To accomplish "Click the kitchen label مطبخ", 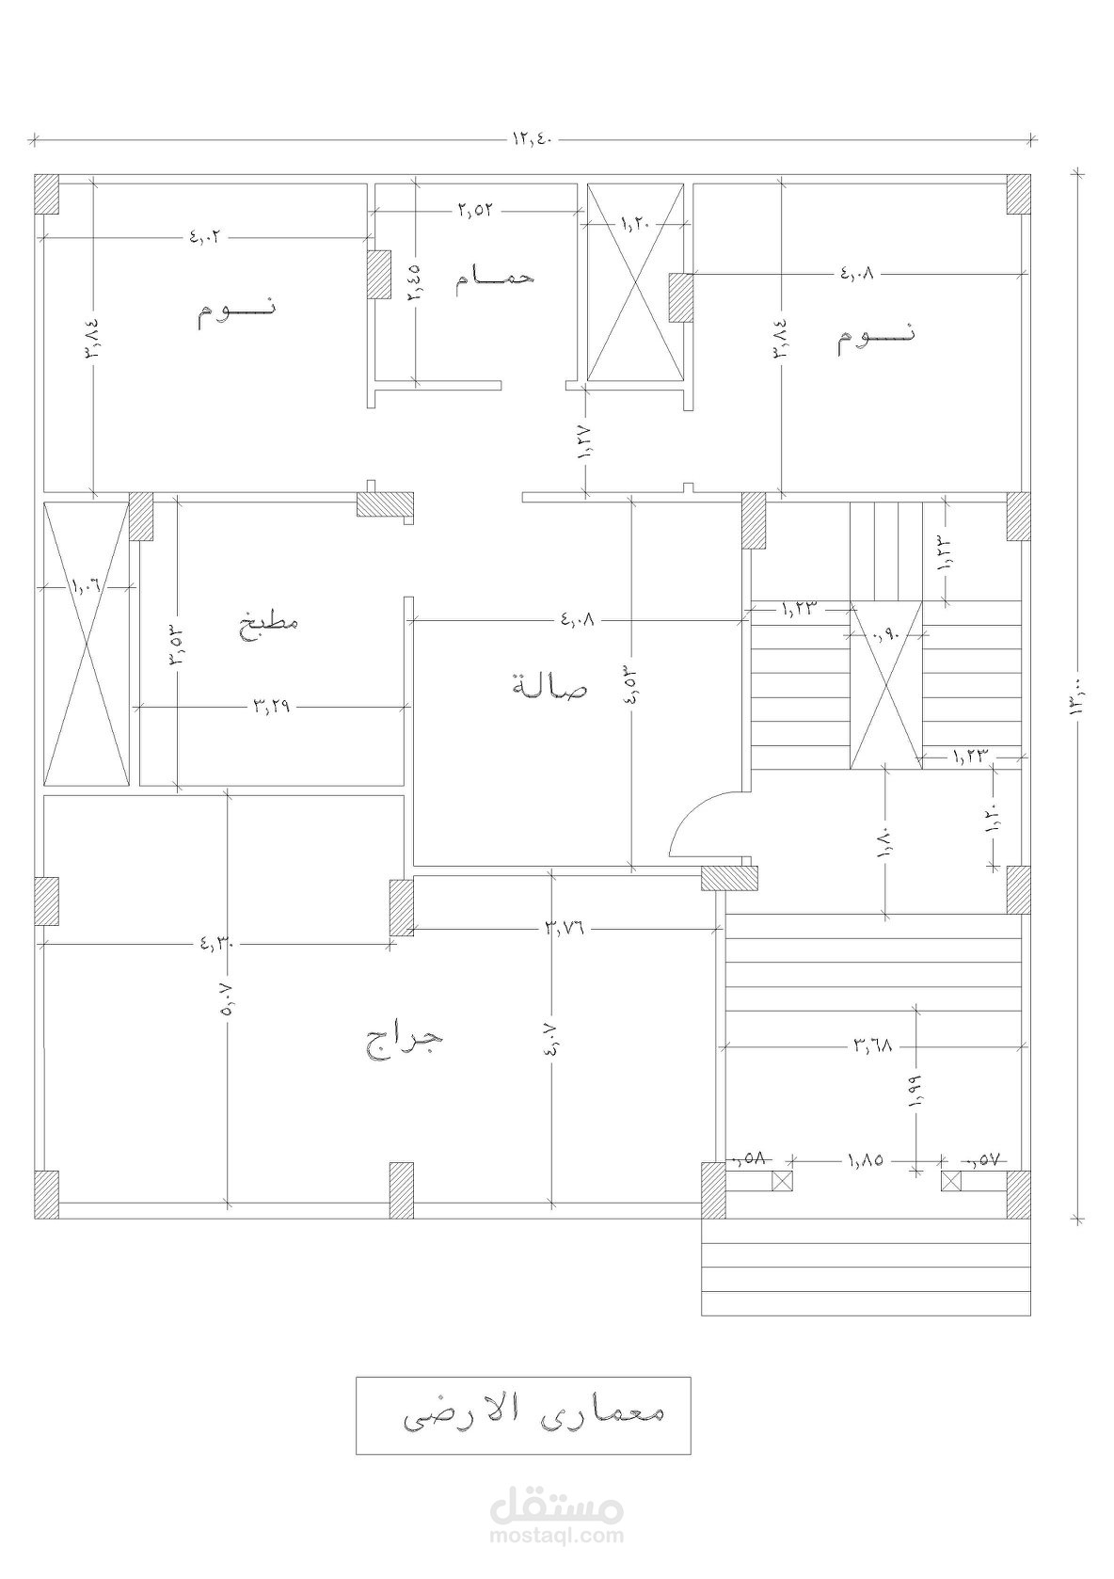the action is (x=271, y=622).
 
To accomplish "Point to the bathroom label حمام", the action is (x=494, y=276).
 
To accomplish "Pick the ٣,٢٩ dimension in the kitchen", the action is (x=272, y=706).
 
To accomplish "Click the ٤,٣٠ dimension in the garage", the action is (x=220, y=942).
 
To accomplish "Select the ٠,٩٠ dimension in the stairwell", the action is (x=885, y=636).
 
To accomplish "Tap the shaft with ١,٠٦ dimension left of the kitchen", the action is (x=87, y=643).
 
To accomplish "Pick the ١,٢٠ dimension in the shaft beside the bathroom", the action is (x=637, y=223).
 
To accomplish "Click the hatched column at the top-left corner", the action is (x=46, y=194).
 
